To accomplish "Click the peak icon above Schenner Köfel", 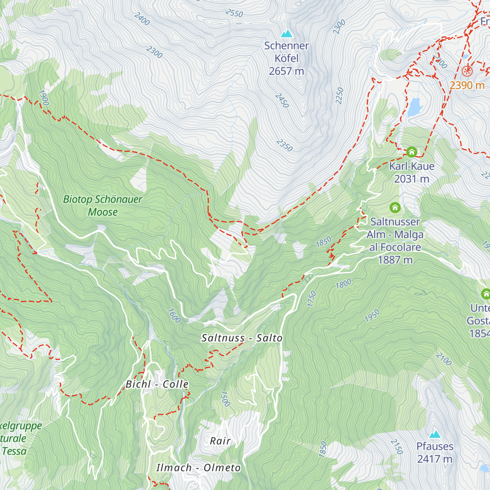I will (x=287, y=33).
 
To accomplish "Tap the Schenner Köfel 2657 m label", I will (x=286, y=58).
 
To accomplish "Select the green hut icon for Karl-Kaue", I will (x=412, y=152).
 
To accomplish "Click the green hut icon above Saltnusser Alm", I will (x=395, y=208).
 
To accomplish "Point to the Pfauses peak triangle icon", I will (x=435, y=434).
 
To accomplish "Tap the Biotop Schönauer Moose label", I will (x=102, y=205).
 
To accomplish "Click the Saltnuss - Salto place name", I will (x=242, y=338).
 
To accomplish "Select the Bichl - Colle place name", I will (x=157, y=384).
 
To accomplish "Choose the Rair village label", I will (x=220, y=441).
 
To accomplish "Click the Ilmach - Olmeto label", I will (x=198, y=468).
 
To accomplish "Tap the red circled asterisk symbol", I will (x=467, y=71).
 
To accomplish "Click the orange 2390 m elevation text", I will (x=467, y=85).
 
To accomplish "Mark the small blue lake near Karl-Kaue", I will (x=414, y=107).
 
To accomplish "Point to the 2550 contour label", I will (x=234, y=13).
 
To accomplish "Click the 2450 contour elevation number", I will (x=282, y=100).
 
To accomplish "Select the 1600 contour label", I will (x=174, y=315).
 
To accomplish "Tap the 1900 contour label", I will (x=43, y=98).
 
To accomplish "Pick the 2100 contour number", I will (x=443, y=359).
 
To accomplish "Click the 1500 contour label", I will (x=225, y=399).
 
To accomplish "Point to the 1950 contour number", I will (x=372, y=316).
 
